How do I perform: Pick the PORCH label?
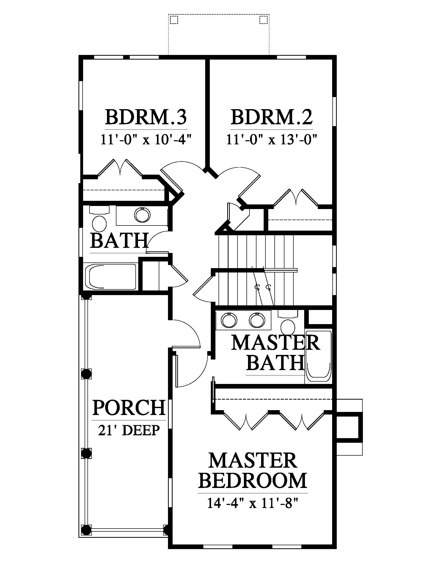click(x=129, y=408)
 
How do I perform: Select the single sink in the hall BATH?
click(x=142, y=215)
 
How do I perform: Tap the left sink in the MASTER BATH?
click(x=229, y=321)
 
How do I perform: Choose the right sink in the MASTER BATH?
click(x=257, y=320)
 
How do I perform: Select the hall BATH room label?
click(x=119, y=241)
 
